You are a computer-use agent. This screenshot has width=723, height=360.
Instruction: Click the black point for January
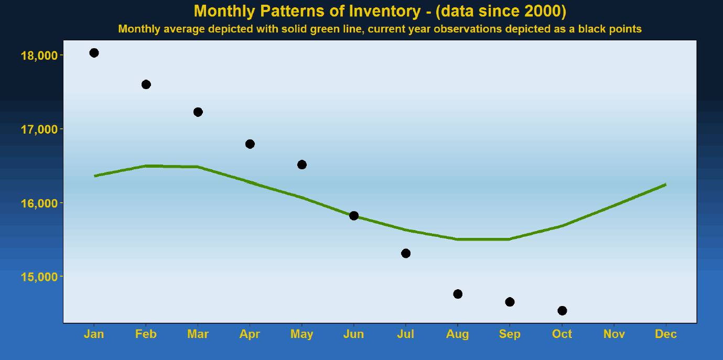(x=94, y=53)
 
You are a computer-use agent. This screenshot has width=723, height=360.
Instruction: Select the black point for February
(x=146, y=84)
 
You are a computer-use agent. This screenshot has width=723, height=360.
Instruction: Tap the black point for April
(x=250, y=144)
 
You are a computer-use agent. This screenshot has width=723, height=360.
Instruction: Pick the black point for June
(x=354, y=216)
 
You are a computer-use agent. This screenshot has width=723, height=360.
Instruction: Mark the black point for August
(x=458, y=294)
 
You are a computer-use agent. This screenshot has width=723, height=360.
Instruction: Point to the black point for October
(x=562, y=311)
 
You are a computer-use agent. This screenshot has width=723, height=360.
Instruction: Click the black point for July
(x=406, y=254)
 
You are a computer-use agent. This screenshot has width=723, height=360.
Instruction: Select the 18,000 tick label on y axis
(x=38, y=56)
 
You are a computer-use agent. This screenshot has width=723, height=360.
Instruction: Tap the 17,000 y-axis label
(x=38, y=129)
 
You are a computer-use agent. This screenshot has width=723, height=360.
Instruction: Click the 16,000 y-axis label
(x=38, y=203)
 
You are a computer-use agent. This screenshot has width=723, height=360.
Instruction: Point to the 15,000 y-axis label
(x=38, y=277)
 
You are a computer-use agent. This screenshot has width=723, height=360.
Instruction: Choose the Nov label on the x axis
(x=614, y=334)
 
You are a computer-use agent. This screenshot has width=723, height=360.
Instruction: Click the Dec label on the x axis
(x=666, y=334)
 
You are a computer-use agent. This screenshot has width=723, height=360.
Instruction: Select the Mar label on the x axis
(x=198, y=334)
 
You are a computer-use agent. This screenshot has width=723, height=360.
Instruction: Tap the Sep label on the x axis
(x=510, y=334)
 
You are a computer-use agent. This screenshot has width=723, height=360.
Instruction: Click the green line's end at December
(x=665, y=184)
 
